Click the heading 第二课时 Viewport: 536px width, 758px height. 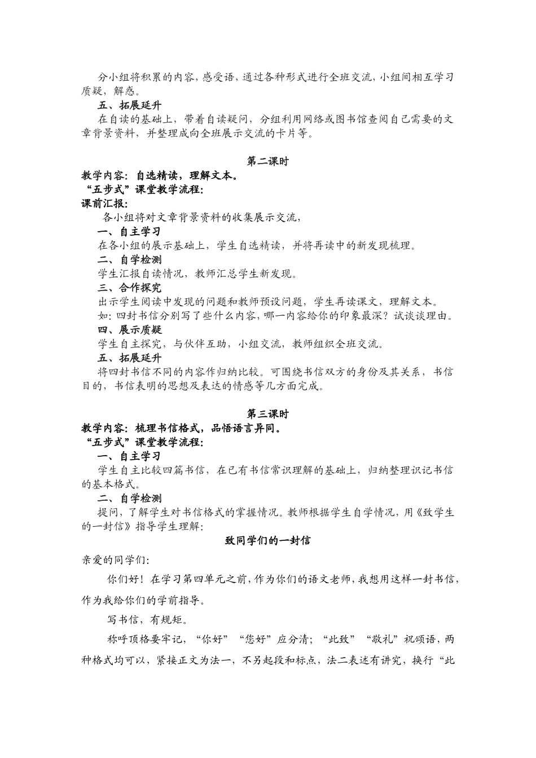(x=268, y=161)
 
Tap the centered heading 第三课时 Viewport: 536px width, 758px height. (x=268, y=414)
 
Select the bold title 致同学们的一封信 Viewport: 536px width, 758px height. (x=268, y=540)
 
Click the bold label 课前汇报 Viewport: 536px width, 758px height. (x=105, y=204)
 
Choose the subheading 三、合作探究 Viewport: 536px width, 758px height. (x=129, y=288)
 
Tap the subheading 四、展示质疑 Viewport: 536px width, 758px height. (x=129, y=330)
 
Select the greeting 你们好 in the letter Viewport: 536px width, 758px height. (x=120, y=579)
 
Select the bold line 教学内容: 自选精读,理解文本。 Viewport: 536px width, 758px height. (x=160, y=175)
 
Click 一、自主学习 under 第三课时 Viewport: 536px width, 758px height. (x=129, y=456)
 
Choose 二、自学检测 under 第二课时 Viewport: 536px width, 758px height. (x=129, y=259)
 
